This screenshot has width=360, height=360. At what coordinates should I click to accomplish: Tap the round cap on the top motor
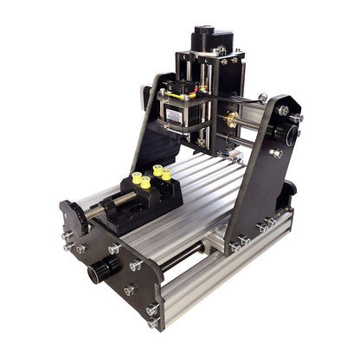pos(203,30)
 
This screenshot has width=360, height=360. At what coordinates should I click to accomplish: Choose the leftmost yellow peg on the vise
pos(136,182)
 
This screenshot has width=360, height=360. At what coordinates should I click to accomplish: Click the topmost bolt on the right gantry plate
pos(283,110)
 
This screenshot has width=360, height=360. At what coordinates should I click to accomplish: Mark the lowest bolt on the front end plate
pos(153,322)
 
